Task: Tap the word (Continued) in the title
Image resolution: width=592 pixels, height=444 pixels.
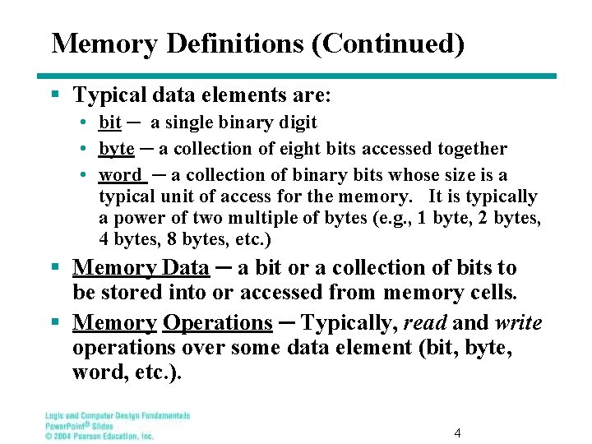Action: coord(386,44)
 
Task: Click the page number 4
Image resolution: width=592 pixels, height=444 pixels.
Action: coord(457,432)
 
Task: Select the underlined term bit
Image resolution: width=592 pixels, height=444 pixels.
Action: coord(109,123)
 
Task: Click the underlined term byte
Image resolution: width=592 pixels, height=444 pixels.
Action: coord(116,149)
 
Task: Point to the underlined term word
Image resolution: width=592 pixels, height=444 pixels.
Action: coord(120,175)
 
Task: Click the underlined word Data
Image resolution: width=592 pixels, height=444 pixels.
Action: coord(186,268)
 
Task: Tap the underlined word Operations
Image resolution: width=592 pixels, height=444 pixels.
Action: coord(217,322)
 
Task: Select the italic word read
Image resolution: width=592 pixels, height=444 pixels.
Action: coord(423,322)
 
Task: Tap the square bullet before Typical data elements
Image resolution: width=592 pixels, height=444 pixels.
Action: coord(55,96)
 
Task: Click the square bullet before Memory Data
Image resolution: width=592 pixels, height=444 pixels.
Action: coord(55,268)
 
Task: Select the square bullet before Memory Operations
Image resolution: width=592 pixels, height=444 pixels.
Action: coord(55,323)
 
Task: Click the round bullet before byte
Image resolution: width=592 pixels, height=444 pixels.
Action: coord(86,149)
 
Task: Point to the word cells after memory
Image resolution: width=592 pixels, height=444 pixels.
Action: coord(493,293)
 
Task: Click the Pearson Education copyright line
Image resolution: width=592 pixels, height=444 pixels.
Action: coord(99,436)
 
